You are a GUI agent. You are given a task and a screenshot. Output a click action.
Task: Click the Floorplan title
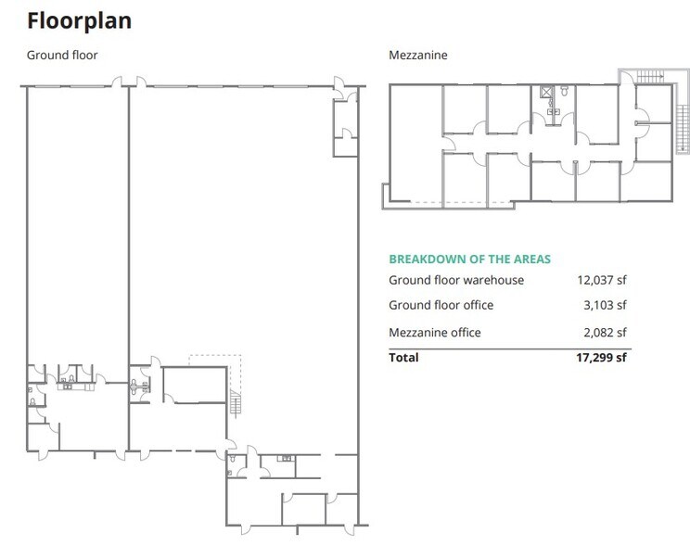pos(79,20)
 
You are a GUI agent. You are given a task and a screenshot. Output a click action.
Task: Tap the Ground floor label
pos(62,55)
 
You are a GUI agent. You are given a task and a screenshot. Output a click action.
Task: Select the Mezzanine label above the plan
pos(418,55)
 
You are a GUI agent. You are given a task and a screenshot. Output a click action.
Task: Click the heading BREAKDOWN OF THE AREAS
pos(469,260)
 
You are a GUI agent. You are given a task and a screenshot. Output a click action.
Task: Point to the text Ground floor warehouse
pos(456,280)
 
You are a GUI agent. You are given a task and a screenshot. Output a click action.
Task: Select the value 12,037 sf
pos(602,280)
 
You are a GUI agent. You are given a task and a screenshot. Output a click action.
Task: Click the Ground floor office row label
pos(441,305)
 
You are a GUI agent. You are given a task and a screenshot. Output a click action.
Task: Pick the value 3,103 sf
pos(605,305)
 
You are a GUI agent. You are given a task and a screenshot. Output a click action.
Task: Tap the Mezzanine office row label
pos(435,333)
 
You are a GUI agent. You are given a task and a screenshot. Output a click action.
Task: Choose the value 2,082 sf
pos(605,332)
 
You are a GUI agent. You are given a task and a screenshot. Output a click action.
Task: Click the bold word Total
pos(403,357)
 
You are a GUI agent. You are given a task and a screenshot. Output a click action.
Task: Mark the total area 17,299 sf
pos(601,357)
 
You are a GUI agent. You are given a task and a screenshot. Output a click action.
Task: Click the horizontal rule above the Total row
pos(510,349)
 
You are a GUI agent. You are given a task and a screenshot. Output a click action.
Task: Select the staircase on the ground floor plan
pos(236,403)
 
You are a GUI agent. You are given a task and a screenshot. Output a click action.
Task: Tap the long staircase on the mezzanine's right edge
pos(683,130)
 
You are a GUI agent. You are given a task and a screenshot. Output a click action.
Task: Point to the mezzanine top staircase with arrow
pos(650,77)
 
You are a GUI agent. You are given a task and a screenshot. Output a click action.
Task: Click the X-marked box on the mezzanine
pos(545,92)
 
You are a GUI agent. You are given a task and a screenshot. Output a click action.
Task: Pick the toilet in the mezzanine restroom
pos(565,91)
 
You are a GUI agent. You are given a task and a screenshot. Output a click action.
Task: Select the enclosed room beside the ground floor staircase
pos(195,385)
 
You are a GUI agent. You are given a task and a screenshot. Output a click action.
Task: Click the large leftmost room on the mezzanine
pos(415,143)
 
